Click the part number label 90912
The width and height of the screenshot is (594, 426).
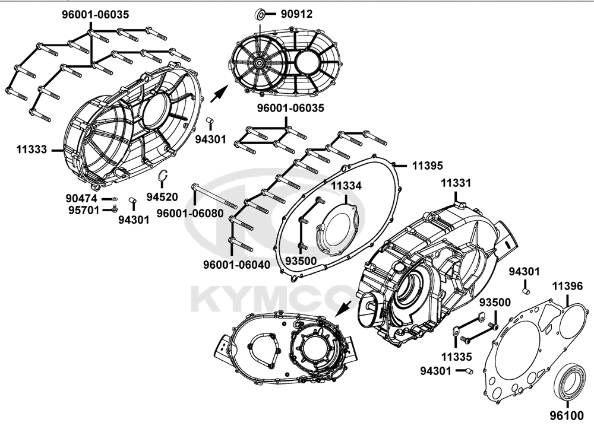pos(296,14)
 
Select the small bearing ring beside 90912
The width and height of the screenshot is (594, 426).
pos(260,14)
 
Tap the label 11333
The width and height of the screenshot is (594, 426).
pos(31,150)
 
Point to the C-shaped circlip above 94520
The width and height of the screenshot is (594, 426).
pos(163,176)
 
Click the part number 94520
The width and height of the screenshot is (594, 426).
pos(162,197)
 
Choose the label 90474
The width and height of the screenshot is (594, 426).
pos(81,198)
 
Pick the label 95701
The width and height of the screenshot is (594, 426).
pos(84,209)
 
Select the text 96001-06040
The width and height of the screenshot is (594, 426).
pos(237,265)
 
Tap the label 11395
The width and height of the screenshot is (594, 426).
pos(427,166)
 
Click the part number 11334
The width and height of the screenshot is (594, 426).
pos(347,186)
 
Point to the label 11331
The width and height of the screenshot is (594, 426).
pos(456,183)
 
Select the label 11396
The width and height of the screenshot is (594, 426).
pos(567,286)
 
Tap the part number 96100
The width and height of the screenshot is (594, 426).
pos(567,416)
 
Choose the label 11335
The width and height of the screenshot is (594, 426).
pos(456,357)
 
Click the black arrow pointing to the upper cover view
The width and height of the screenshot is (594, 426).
pos(219,93)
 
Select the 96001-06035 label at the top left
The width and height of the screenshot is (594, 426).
pos(96,14)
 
